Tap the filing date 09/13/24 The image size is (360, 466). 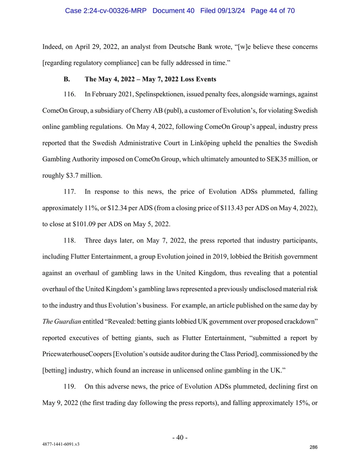click(231, 11)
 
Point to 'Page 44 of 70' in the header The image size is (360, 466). click(273, 11)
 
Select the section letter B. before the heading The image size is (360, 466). click(67, 79)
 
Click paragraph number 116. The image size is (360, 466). click(69, 94)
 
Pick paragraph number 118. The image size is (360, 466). click(69, 240)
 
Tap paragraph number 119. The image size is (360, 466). click(69, 386)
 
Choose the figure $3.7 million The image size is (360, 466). click(84, 175)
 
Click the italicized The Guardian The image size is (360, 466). click(61, 321)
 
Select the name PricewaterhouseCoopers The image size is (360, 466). click(77, 354)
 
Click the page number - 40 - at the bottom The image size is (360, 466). click(180, 437)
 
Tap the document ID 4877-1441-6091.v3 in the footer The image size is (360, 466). click(61, 444)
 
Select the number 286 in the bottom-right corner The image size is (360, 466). click(313, 447)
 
